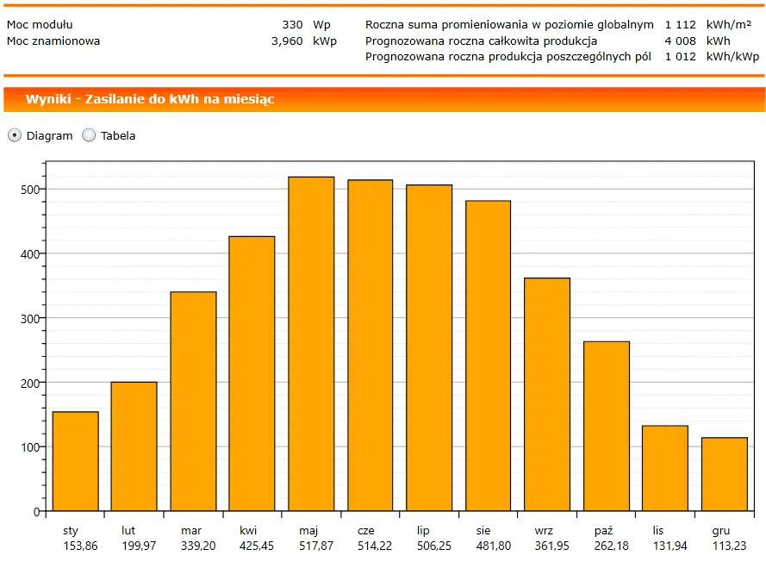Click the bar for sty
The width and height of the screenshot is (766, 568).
[75, 461]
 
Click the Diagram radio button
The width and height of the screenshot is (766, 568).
[15, 135]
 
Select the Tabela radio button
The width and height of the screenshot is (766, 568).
[89, 135]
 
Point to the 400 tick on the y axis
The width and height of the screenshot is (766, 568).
[30, 253]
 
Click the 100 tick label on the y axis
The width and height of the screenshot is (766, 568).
[30, 446]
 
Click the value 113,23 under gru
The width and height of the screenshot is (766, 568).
[729, 546]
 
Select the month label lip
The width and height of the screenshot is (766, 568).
[423, 531]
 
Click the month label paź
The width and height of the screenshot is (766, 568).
[603, 531]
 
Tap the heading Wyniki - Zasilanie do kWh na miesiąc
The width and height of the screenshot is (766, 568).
[150, 99]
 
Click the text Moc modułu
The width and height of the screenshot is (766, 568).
[40, 25]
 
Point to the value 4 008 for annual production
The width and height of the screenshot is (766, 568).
[680, 41]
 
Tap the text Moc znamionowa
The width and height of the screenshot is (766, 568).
[53, 41]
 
